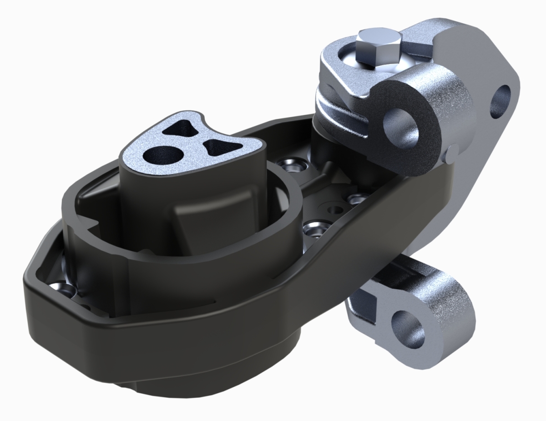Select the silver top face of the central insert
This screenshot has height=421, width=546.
[191, 141]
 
